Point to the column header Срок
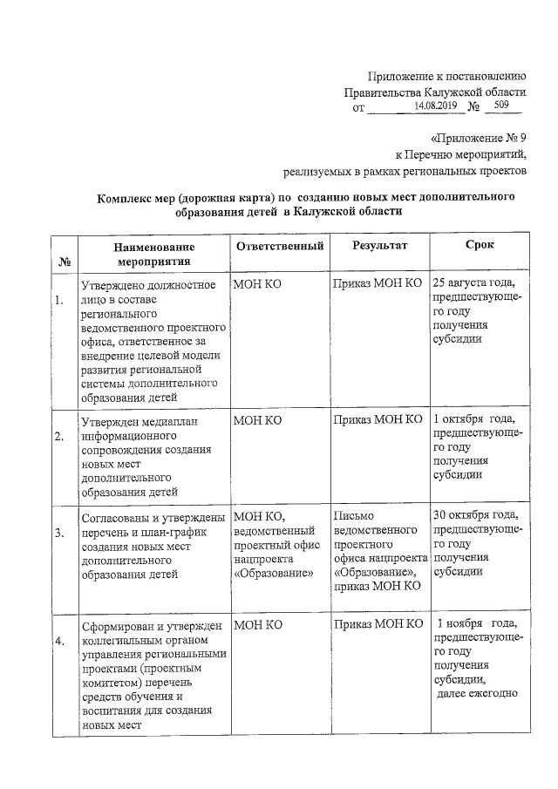[x=480, y=246]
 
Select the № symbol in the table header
[x=64, y=261]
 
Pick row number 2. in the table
[x=59, y=437]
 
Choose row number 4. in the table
[x=59, y=641]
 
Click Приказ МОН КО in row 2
[x=378, y=420]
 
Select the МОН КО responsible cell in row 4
[x=258, y=624]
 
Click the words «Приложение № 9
[x=478, y=138]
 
